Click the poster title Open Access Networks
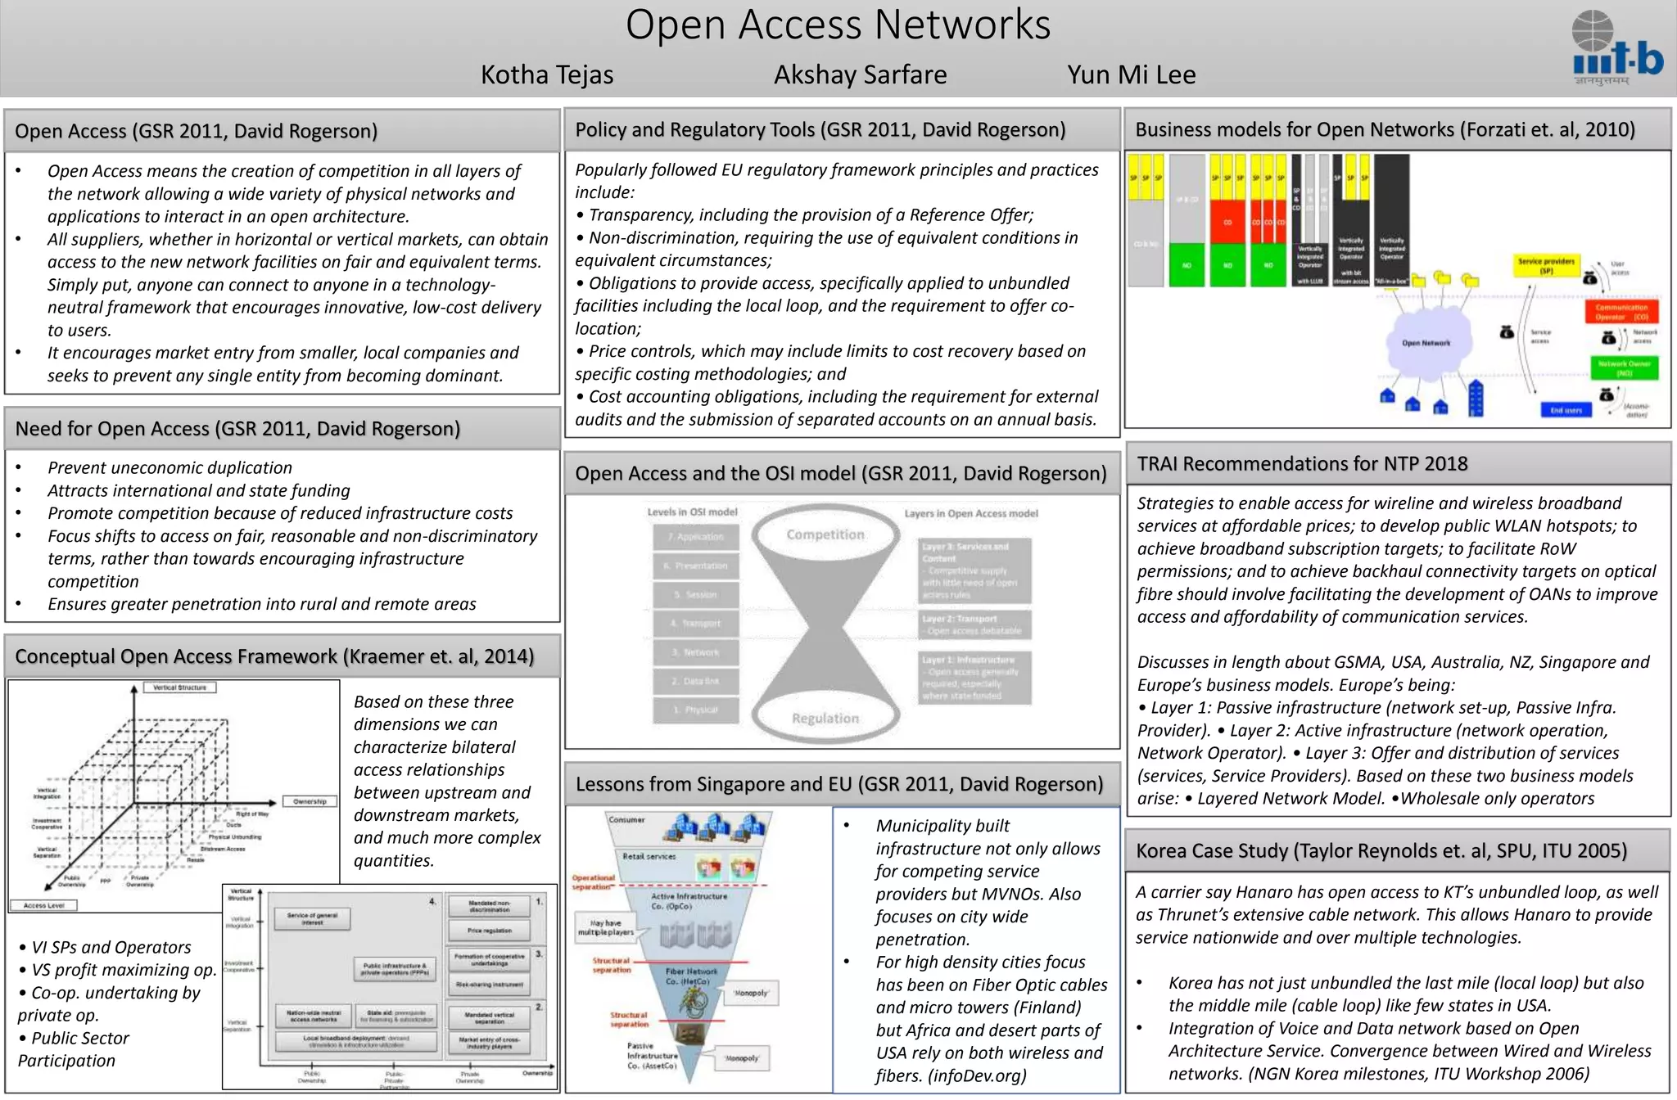[838, 25]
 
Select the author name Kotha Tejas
[547, 74]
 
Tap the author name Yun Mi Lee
[1131, 74]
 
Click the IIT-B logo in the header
[1616, 48]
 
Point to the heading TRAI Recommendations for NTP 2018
[1302, 464]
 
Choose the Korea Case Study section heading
[1381, 851]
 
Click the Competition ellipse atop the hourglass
[825, 534]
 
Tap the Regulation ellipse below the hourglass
[825, 718]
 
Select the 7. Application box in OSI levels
[696, 537]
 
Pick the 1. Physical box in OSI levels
[696, 710]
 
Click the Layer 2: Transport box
[974, 624]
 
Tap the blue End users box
[1566, 410]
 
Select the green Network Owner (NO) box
[1624, 368]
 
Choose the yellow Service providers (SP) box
[1546, 265]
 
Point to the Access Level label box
[44, 905]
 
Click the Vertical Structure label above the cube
[180, 687]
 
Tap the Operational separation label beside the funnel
[592, 881]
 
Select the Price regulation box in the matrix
[490, 931]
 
